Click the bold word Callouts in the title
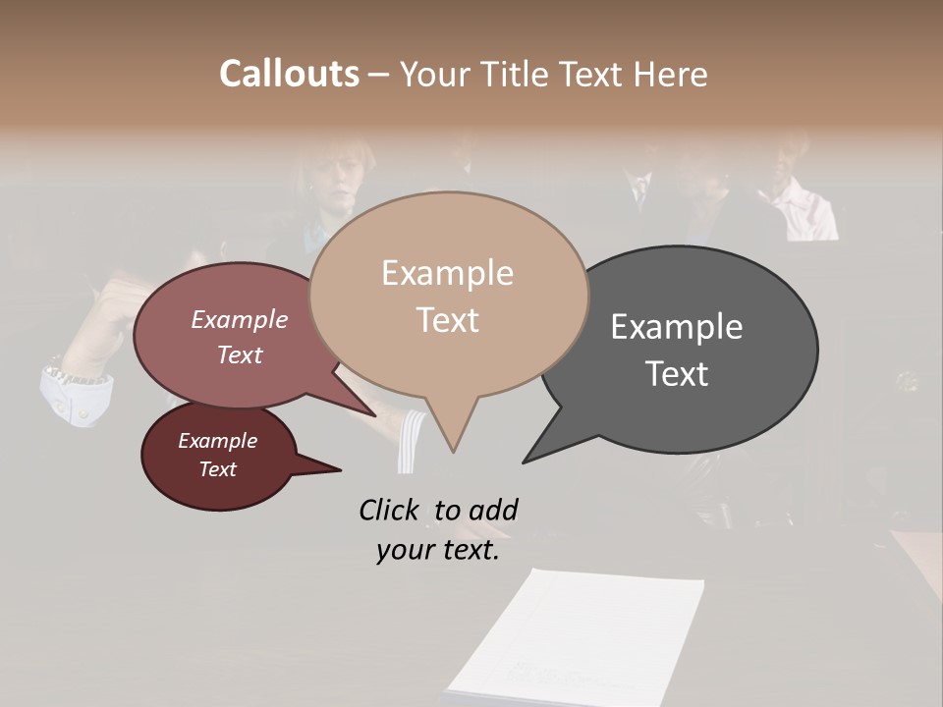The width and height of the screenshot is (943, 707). pyautogui.click(x=289, y=74)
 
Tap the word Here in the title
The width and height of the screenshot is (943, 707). pyautogui.click(x=671, y=74)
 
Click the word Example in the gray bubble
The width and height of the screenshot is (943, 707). pyautogui.click(x=676, y=327)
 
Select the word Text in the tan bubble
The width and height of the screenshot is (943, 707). pyautogui.click(x=448, y=320)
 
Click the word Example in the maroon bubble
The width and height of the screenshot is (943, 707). pyautogui.click(x=217, y=441)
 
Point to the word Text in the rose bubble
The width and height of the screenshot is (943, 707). pyautogui.click(x=240, y=354)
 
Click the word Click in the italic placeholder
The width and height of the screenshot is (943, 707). pyautogui.click(x=389, y=510)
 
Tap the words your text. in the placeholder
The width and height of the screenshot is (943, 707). pyautogui.click(x=437, y=550)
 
